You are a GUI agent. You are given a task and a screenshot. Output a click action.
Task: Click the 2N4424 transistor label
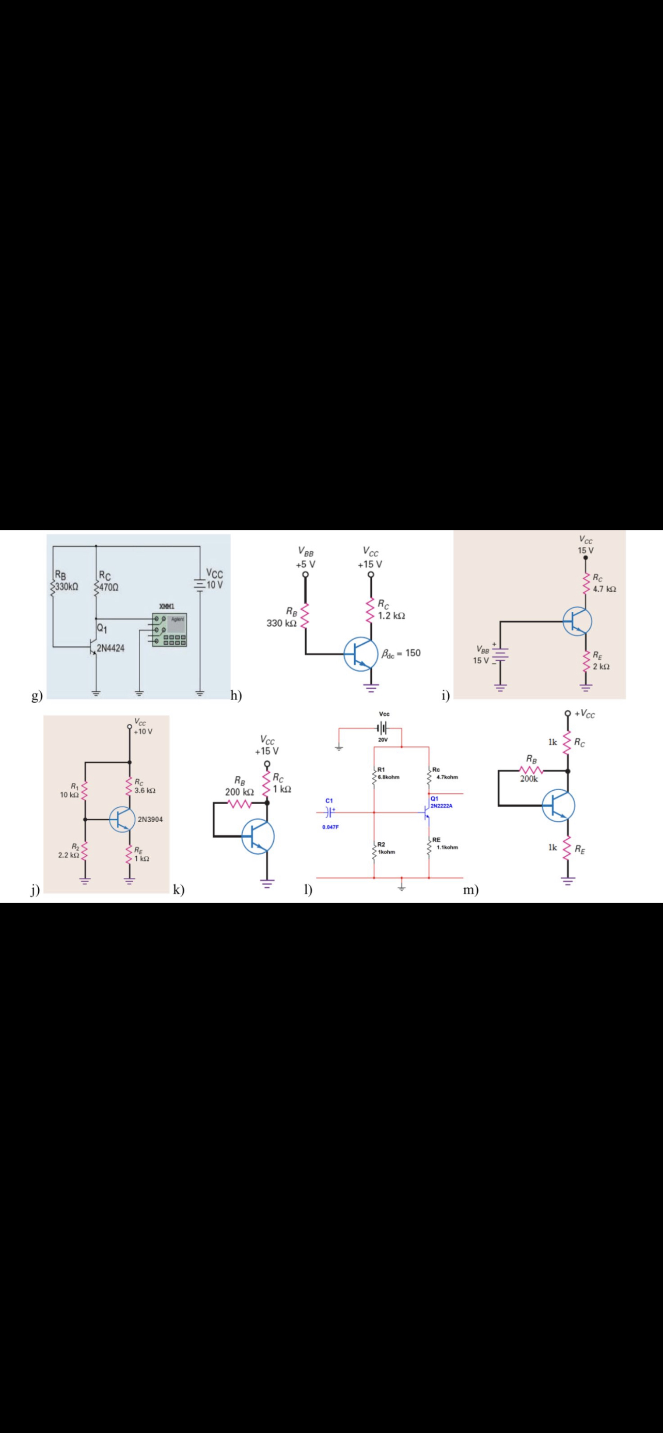[111, 648]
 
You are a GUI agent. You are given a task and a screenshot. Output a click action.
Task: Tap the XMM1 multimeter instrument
[169, 629]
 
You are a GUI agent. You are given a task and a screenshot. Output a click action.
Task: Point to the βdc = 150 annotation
[401, 653]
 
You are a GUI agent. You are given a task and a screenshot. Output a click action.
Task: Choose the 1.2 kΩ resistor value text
[391, 616]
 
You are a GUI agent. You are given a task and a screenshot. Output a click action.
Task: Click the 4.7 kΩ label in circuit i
[605, 589]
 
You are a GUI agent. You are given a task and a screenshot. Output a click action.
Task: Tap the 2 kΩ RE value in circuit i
[601, 666]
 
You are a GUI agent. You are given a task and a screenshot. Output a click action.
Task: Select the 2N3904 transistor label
[150, 820]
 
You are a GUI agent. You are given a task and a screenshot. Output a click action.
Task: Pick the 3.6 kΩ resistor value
[145, 790]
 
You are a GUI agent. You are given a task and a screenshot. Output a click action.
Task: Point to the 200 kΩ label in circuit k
[240, 792]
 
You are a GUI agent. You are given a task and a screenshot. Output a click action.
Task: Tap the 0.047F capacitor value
[330, 827]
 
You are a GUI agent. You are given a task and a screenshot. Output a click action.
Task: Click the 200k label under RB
[529, 779]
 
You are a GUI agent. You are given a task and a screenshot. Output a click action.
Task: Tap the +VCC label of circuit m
[585, 714]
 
